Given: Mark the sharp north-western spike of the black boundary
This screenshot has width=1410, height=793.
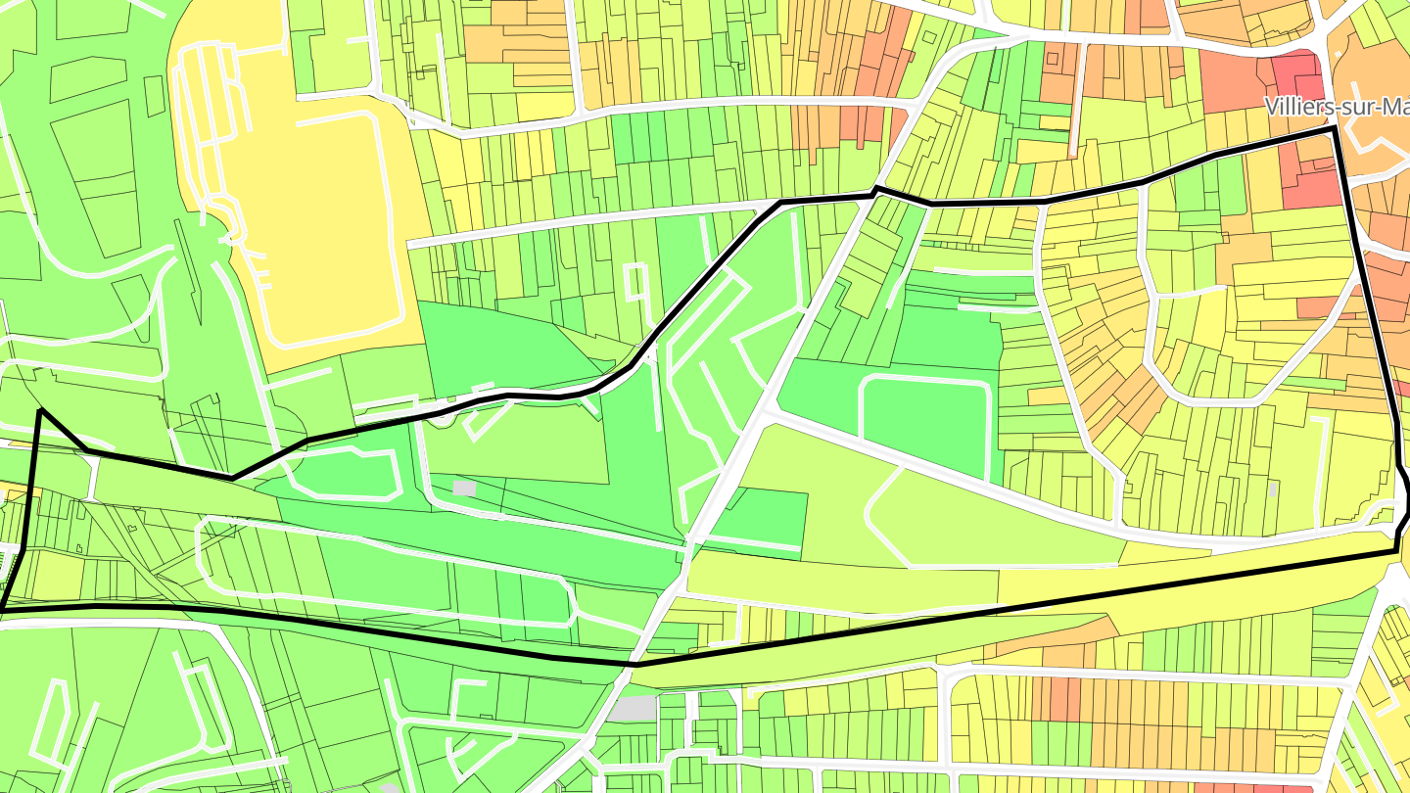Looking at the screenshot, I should (x=40, y=410).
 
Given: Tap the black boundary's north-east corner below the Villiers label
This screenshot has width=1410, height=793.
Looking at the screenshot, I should (x=1334, y=128).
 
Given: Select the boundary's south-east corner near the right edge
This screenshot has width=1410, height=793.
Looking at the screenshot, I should (x=1396, y=551).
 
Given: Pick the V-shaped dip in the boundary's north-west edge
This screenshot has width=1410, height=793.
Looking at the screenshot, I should (x=233, y=477).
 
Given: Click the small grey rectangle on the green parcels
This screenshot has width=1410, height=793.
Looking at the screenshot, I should (x=464, y=487).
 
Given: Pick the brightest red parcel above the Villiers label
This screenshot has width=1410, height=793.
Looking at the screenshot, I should (x=1297, y=73).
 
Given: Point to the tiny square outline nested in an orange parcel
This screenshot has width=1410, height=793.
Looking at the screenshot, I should (x=1052, y=59).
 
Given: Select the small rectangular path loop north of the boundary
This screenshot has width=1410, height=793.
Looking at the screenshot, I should (x=634, y=282).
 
